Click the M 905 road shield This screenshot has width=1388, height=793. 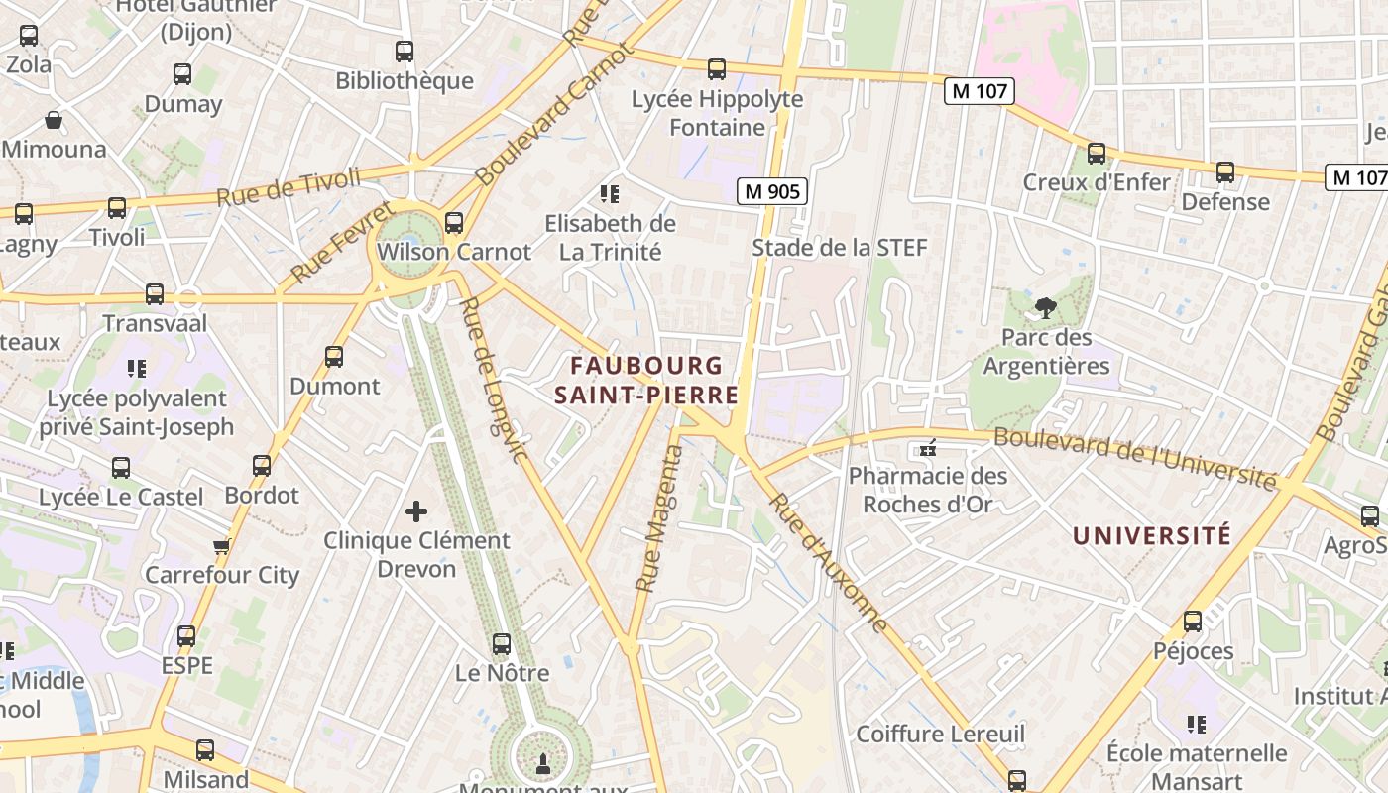pos(771,191)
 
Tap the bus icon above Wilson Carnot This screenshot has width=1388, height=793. pos(454,222)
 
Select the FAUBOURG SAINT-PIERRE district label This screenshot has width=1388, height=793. pos(654,381)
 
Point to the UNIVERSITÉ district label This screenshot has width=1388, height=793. pos(1152,536)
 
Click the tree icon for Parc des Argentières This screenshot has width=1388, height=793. pos(1045,308)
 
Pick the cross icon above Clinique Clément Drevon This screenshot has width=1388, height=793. pos(416,511)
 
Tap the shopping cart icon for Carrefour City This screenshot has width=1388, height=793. pos(222,546)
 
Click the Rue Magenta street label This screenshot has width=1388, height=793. pos(660,518)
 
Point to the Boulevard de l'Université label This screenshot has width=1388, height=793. pos(1134,458)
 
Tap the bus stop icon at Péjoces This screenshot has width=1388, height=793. pos(1193,622)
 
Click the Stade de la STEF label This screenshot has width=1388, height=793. pos(839,248)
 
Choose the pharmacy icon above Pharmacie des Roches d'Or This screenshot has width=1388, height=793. pos(928,449)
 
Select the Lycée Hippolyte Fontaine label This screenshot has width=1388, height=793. pos(718,113)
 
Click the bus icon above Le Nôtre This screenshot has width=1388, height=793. pos(502,644)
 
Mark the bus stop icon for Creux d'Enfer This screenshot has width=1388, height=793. pos(1097,154)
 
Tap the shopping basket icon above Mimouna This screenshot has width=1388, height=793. pos(54,121)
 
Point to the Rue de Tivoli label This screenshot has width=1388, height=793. pos(289,186)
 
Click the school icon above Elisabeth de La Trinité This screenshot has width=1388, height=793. pos(610,194)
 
